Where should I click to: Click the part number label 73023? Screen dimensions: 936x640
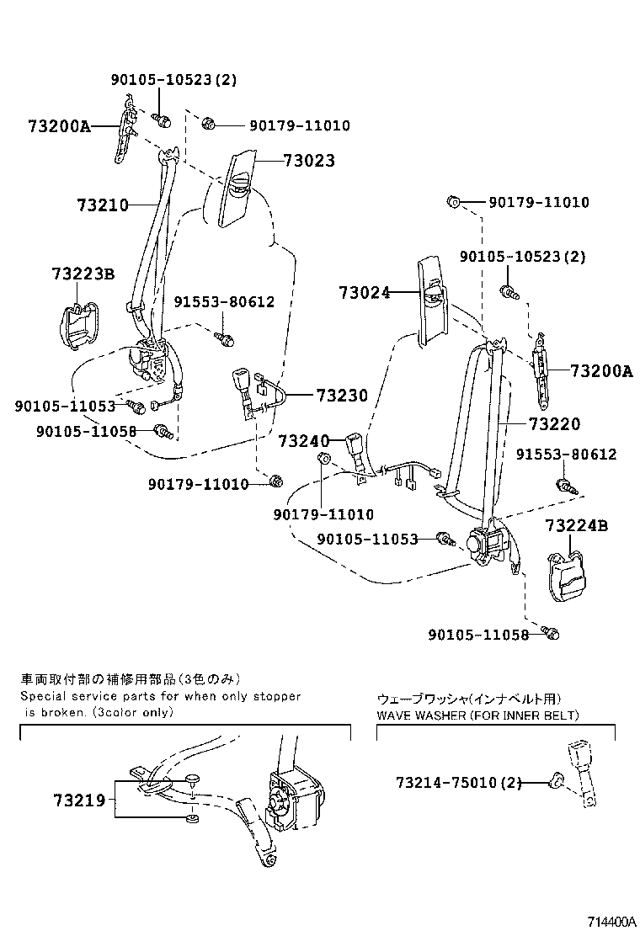(308, 161)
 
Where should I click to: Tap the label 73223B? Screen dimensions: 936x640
(83, 274)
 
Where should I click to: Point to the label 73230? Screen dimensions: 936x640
(342, 395)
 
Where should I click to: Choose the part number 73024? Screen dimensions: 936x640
(365, 293)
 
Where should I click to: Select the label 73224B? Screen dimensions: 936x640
(576, 526)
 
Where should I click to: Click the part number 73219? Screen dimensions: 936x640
(79, 800)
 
